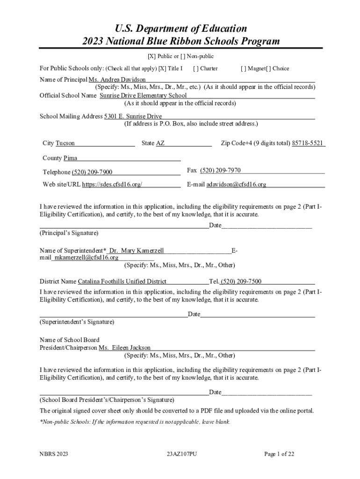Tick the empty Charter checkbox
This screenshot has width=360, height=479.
[195, 68]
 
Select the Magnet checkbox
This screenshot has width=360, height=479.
[243, 68]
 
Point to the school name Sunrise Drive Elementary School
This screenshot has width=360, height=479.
[143, 95]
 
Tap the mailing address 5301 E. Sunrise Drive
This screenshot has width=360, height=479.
[133, 116]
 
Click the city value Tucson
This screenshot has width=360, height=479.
[65, 143]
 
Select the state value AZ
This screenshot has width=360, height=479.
[160, 143]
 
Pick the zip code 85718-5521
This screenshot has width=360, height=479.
[308, 143]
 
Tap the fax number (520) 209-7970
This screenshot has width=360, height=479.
[220, 170]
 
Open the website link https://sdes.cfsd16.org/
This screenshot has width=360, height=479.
[112, 184]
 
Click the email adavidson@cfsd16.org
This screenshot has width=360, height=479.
[236, 184]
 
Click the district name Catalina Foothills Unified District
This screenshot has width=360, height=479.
[122, 282]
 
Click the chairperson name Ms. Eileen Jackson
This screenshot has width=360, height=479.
[125, 348]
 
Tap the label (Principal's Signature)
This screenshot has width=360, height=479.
[69, 232]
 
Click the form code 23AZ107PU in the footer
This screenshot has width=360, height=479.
[182, 454]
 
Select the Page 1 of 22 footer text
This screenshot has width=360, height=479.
[279, 454]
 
